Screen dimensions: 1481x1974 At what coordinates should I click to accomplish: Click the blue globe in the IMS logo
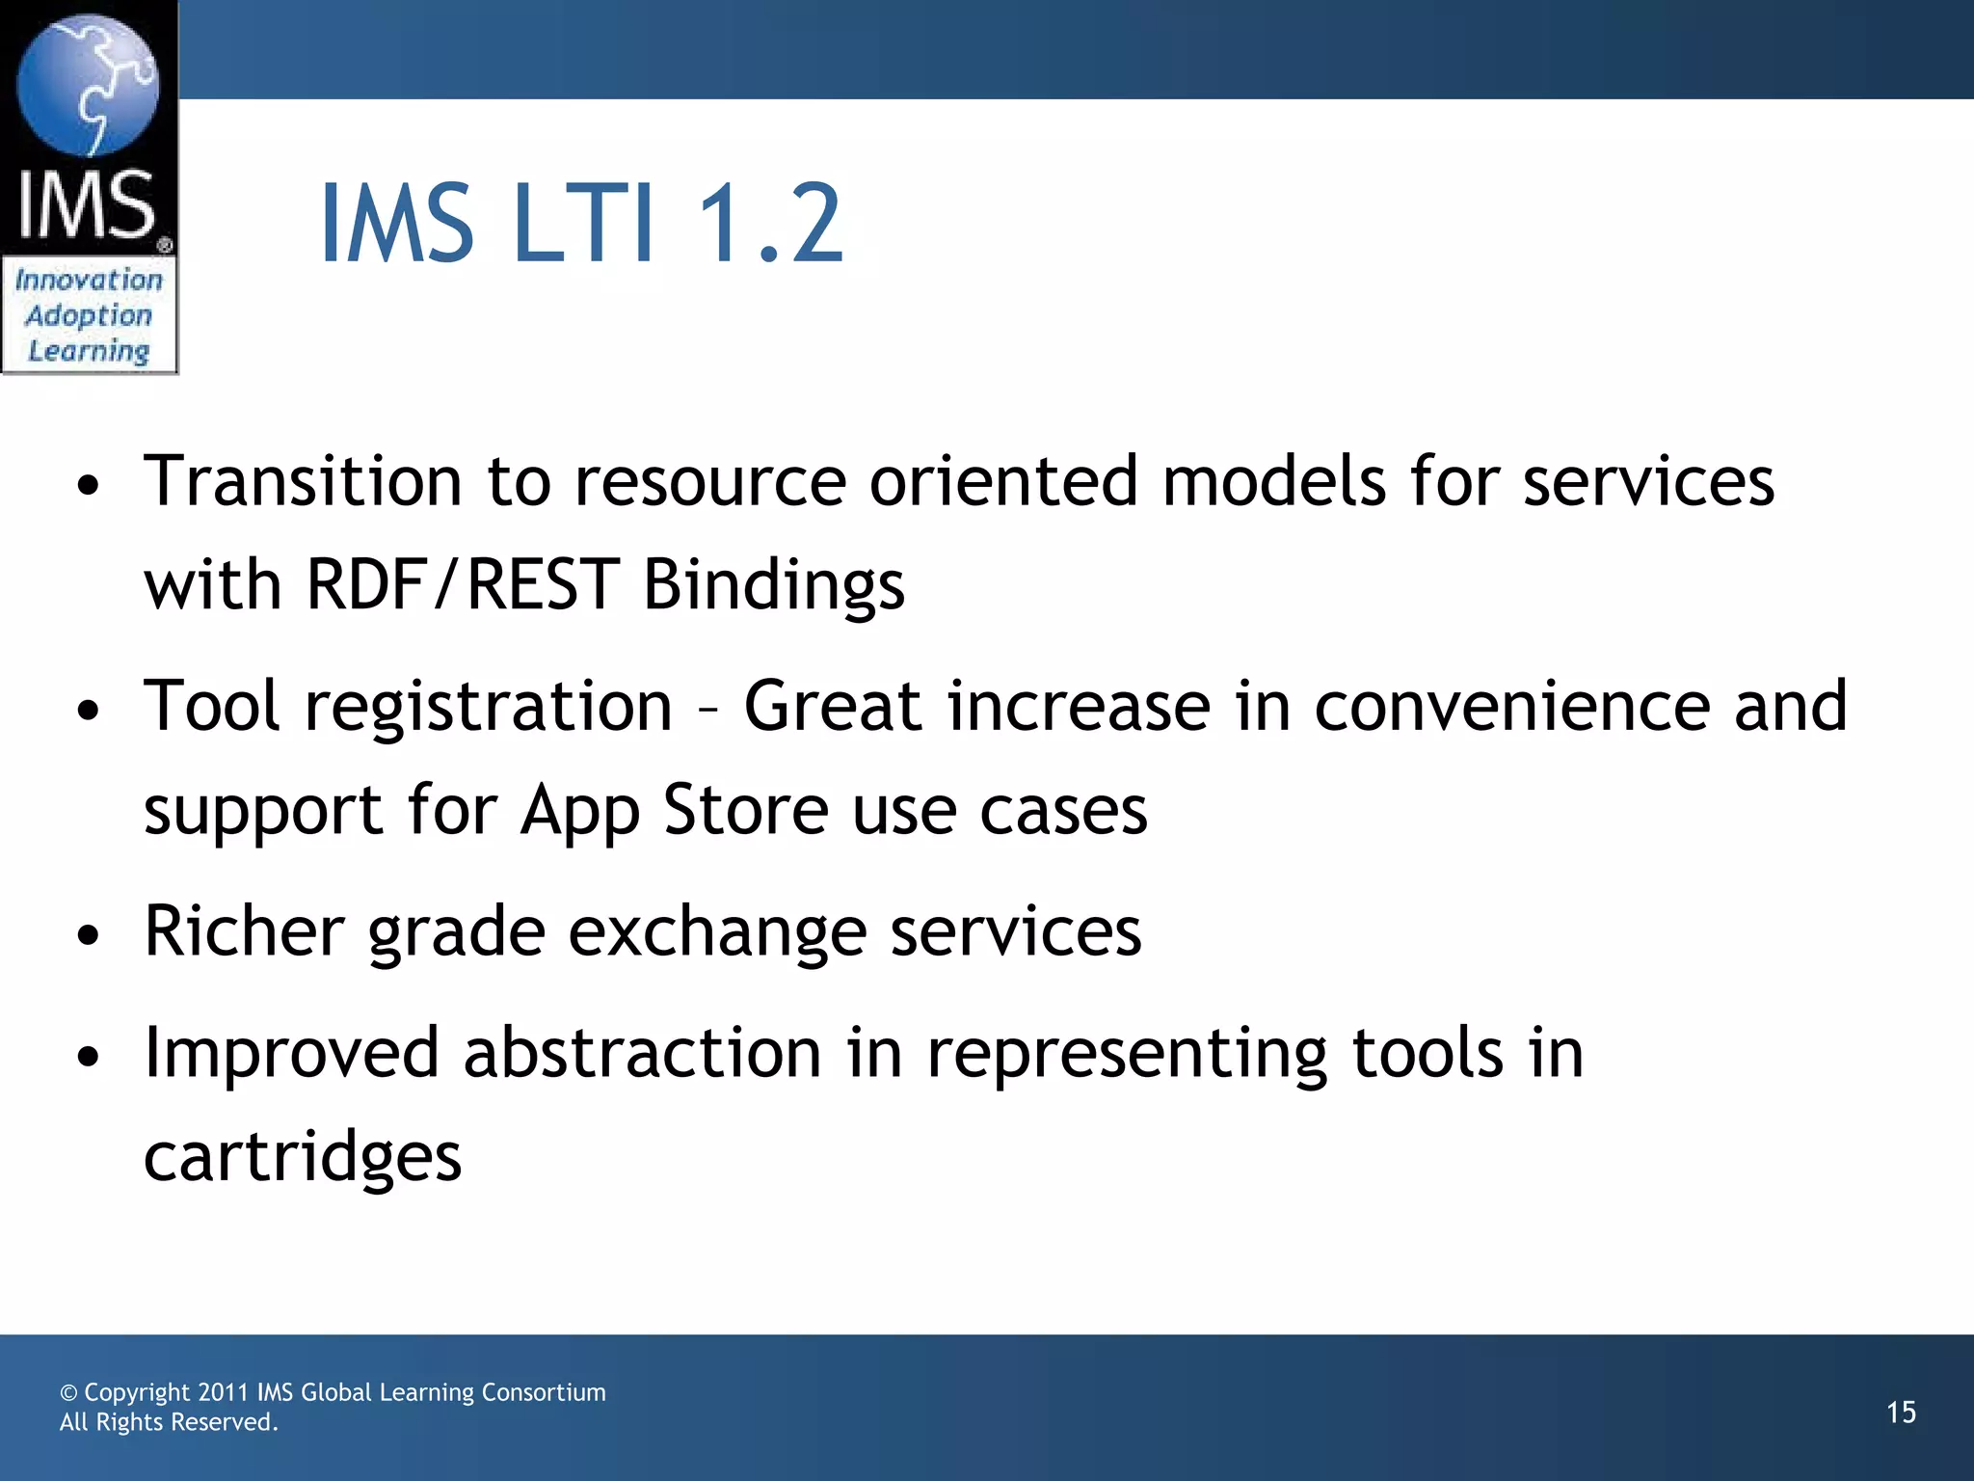tap(88, 85)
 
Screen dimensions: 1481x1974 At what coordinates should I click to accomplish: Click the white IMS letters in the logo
tap(87, 204)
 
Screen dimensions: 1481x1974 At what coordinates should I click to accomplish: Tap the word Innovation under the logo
tap(89, 280)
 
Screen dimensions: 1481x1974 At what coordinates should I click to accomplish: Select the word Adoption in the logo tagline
tap(89, 315)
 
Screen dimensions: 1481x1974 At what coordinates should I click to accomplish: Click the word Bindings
tap(774, 586)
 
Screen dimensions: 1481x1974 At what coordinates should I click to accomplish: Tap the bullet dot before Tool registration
tap(89, 712)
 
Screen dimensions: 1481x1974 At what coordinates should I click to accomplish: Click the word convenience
tap(1511, 706)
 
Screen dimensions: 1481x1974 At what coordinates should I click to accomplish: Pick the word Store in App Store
tap(746, 810)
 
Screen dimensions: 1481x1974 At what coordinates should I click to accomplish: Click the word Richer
tap(244, 930)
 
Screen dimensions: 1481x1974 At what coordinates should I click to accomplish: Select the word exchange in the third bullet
tap(717, 932)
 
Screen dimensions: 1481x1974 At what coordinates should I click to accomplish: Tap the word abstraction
tap(642, 1053)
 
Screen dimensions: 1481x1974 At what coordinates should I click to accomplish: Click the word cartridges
tap(303, 1157)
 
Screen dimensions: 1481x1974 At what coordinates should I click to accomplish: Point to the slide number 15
tap(1901, 1413)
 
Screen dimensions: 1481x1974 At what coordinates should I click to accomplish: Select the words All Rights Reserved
tap(169, 1422)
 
